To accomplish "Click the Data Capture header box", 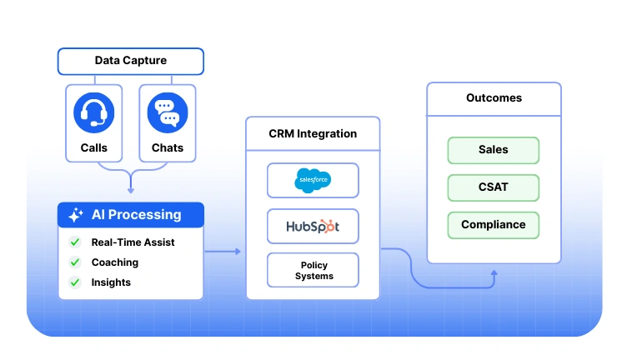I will (x=130, y=61).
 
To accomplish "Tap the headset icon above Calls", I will (x=93, y=112).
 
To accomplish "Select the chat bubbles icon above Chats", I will (x=167, y=112).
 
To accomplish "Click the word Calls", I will (x=93, y=148).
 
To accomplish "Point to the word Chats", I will (x=167, y=148).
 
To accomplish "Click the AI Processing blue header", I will (x=130, y=215).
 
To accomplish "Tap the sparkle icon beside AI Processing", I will (x=75, y=215).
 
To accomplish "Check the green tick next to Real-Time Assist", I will (x=74, y=242).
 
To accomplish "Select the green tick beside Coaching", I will (x=74, y=262).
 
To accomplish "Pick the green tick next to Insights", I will (x=74, y=282).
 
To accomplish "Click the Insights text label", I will (x=111, y=282).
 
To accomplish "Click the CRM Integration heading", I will (x=313, y=133).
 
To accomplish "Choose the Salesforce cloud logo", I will (x=313, y=180).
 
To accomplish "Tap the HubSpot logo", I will (x=313, y=226).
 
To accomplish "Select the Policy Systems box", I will (x=313, y=271).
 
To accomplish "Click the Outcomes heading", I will (x=494, y=98).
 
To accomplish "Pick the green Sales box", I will (x=494, y=150).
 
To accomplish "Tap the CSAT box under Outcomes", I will (x=494, y=187).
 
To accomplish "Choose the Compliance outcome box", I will (x=494, y=225).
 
